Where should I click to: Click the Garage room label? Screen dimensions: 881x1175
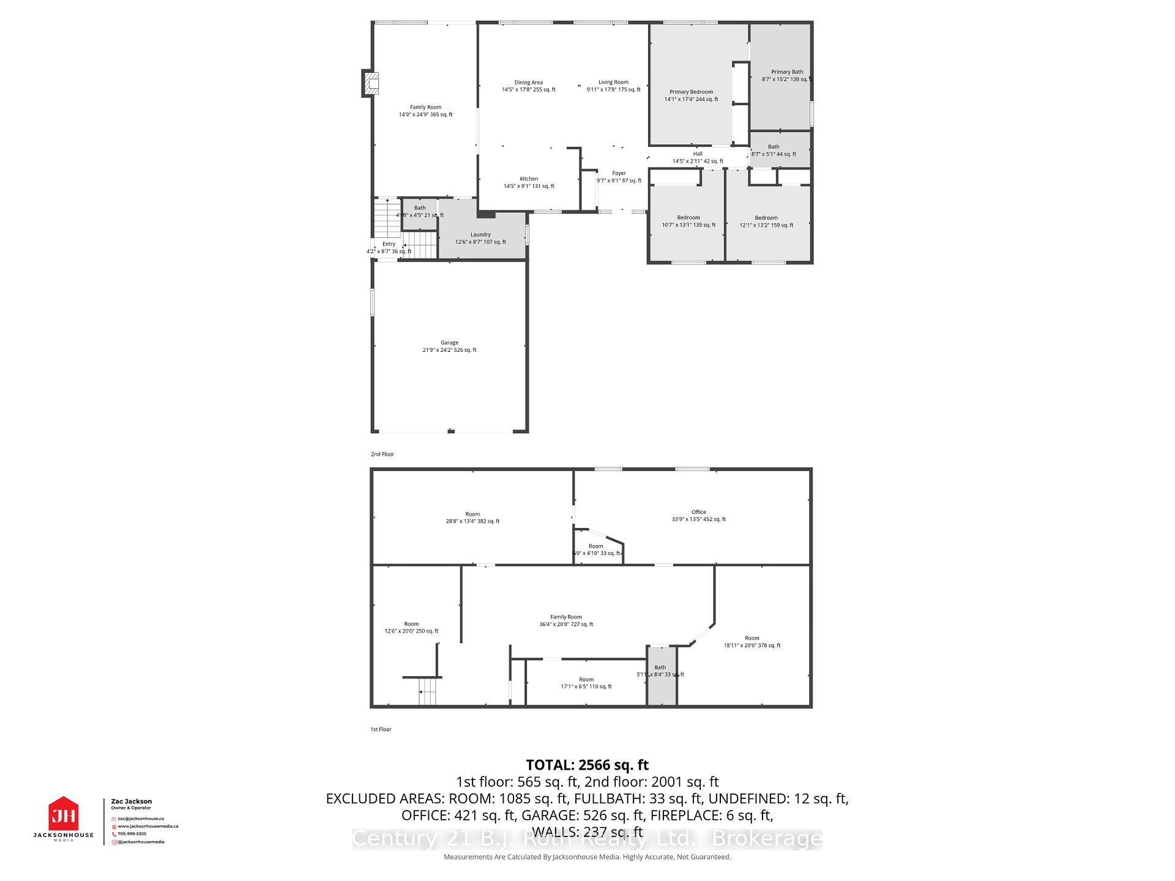coord(449,346)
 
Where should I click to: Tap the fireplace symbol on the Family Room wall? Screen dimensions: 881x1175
coord(371,83)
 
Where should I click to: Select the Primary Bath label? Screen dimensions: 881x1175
coord(787,75)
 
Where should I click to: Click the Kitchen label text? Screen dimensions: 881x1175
coord(529,182)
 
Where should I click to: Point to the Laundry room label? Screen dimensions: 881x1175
coord(480,238)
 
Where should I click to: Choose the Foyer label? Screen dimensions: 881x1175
coord(619,177)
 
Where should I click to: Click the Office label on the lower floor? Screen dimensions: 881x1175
coord(698,515)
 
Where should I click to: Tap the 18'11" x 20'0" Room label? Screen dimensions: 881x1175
coord(752,641)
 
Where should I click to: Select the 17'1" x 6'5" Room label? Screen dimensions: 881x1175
coord(586,683)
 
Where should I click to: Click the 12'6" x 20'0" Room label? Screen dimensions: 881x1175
coord(411,627)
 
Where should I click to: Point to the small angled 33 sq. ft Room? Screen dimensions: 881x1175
coord(596,549)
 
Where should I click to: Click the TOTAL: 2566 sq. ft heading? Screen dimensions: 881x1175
coord(587,765)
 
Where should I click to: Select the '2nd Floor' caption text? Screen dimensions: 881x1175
coord(382,454)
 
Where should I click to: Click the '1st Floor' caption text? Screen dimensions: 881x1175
coord(381,729)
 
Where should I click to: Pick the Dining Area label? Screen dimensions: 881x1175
coord(528,86)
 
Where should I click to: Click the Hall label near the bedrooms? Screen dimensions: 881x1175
coord(698,157)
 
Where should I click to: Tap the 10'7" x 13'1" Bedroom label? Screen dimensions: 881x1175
coord(688,221)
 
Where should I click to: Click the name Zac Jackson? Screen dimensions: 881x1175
coord(132,801)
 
